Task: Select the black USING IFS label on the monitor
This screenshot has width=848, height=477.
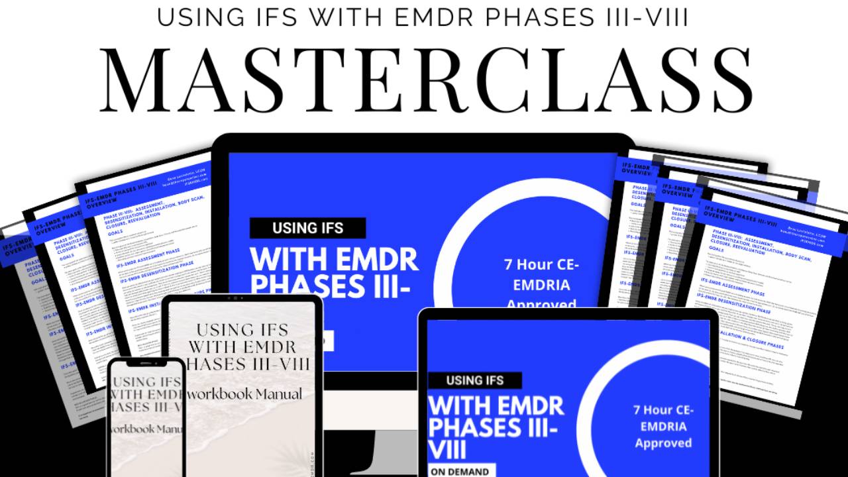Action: click(307, 229)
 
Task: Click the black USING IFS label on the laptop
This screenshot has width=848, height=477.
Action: click(474, 380)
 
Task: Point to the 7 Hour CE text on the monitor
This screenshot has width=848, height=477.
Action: click(541, 264)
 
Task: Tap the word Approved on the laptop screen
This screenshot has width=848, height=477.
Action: click(663, 443)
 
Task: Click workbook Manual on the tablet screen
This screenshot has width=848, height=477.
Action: click(245, 394)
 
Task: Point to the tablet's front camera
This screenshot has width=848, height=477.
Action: click(242, 299)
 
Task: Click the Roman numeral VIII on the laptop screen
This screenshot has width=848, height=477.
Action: click(447, 450)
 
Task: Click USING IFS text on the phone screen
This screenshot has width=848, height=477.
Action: click(146, 382)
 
